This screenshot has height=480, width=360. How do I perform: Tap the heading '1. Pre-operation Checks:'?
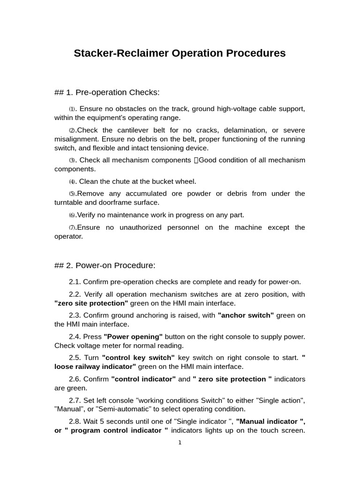(112, 92)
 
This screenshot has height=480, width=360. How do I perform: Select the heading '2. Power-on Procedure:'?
(110, 265)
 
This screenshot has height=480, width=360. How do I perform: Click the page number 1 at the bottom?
(180, 442)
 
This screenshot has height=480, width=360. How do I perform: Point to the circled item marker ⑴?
(72, 109)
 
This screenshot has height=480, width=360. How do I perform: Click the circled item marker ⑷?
(72, 182)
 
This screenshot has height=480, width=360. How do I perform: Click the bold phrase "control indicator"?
(143, 379)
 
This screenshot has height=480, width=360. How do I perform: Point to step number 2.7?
(75, 400)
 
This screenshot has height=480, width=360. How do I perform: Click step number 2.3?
(75, 315)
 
